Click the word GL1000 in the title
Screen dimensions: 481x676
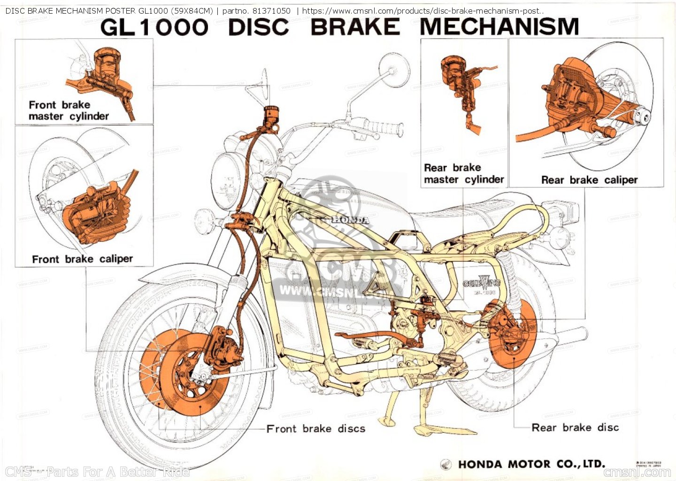click(154, 27)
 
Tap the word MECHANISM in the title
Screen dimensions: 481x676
click(499, 27)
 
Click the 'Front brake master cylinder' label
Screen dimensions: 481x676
click(69, 111)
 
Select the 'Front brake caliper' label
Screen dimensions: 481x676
click(83, 259)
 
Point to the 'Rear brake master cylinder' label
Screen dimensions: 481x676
click(464, 174)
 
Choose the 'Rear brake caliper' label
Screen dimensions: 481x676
click(589, 180)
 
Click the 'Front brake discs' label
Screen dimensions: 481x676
click(315, 428)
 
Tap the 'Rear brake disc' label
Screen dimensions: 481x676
click(575, 427)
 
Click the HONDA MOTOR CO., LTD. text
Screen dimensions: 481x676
click(531, 464)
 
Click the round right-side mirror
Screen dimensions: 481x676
click(393, 70)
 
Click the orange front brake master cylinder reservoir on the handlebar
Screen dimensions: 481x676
click(271, 114)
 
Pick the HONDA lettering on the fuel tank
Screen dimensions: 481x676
click(350, 219)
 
